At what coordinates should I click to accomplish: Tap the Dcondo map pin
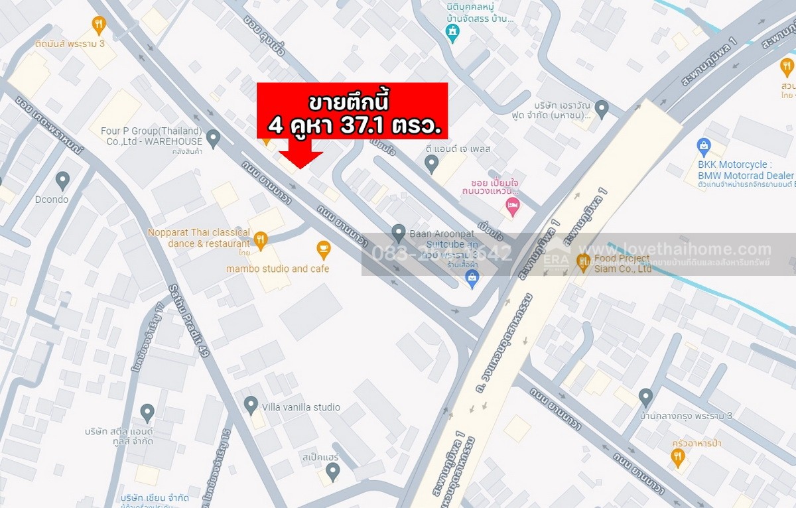click(62, 180)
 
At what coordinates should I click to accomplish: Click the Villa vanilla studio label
click(301, 407)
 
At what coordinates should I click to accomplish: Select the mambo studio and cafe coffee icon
click(323, 249)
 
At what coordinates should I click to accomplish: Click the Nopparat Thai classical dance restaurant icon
click(261, 239)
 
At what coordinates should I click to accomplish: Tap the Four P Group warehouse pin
click(213, 138)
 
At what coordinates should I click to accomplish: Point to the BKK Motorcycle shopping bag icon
click(704, 147)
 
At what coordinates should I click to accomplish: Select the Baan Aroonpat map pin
click(398, 233)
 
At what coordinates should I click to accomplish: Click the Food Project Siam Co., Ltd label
click(623, 264)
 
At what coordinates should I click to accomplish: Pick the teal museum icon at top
click(452, 32)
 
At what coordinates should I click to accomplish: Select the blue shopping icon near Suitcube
click(472, 278)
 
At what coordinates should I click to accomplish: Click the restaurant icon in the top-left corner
click(99, 25)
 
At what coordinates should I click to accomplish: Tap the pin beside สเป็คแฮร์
click(332, 471)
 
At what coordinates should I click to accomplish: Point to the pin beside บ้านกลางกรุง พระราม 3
click(645, 397)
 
